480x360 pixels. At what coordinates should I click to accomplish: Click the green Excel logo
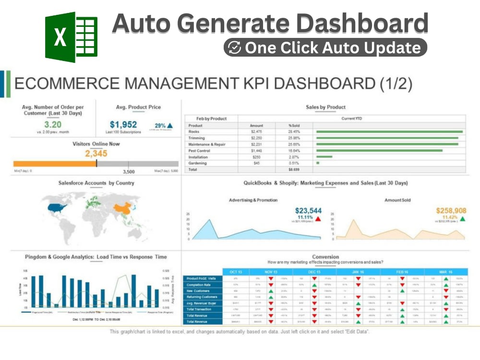coord(71,37)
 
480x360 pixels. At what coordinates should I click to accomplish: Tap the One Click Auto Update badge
coord(325,48)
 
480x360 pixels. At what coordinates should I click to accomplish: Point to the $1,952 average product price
coord(123,124)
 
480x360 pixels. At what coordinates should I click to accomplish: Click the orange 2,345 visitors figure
coord(96,154)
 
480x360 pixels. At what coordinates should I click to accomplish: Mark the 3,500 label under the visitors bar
coord(129,171)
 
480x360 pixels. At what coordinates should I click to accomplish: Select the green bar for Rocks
coord(388,132)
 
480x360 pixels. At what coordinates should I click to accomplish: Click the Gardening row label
coord(197,163)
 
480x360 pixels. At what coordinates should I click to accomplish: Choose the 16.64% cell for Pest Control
coord(294,150)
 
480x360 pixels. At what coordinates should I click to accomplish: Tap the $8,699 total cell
coord(294,169)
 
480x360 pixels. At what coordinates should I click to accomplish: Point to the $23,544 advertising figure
coord(308,210)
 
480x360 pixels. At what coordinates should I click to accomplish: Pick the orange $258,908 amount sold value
coord(451,210)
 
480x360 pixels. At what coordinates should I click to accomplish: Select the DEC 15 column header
coord(314,272)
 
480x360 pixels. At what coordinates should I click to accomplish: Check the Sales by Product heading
coord(325,107)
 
